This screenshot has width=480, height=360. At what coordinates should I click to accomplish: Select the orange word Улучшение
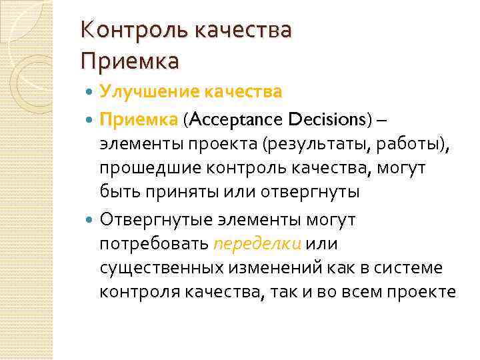click(135, 91)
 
